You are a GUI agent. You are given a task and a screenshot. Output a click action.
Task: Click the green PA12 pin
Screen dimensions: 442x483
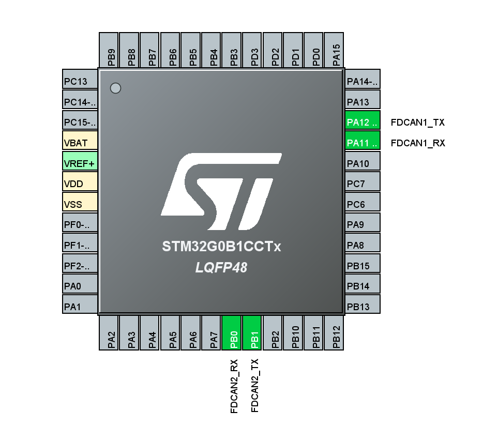click(x=363, y=123)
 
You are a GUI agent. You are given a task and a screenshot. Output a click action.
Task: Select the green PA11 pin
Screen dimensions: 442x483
click(x=363, y=143)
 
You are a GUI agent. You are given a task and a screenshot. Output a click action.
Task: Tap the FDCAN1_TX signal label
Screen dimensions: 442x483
click(x=418, y=123)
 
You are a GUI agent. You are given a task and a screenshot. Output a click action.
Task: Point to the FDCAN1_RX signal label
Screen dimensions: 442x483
click(x=418, y=143)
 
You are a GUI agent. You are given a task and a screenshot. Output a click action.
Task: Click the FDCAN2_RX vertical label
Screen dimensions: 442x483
click(x=234, y=386)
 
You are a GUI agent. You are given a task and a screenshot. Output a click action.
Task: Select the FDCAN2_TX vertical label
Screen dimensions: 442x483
click(x=254, y=386)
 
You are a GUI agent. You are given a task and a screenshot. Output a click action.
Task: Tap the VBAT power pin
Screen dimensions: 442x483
click(x=80, y=143)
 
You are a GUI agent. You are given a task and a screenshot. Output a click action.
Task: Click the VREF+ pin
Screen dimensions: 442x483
click(x=80, y=163)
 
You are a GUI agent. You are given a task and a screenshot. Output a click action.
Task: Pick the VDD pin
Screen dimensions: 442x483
click(x=80, y=184)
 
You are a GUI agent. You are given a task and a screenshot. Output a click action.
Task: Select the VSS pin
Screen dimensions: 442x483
click(x=80, y=204)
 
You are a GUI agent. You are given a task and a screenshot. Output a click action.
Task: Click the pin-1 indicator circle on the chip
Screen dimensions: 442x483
click(x=116, y=88)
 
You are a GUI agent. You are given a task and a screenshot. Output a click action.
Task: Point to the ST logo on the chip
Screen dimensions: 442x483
click(x=221, y=192)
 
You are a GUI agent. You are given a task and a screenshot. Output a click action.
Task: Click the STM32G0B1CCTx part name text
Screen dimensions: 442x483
click(x=221, y=247)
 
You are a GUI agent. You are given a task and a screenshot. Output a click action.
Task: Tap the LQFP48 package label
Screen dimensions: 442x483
click(x=221, y=268)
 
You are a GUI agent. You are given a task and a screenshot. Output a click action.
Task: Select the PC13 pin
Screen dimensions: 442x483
click(x=80, y=82)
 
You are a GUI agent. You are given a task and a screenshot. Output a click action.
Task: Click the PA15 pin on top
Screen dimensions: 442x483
click(x=336, y=50)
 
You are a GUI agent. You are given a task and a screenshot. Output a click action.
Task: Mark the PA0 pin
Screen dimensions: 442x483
click(x=80, y=286)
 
